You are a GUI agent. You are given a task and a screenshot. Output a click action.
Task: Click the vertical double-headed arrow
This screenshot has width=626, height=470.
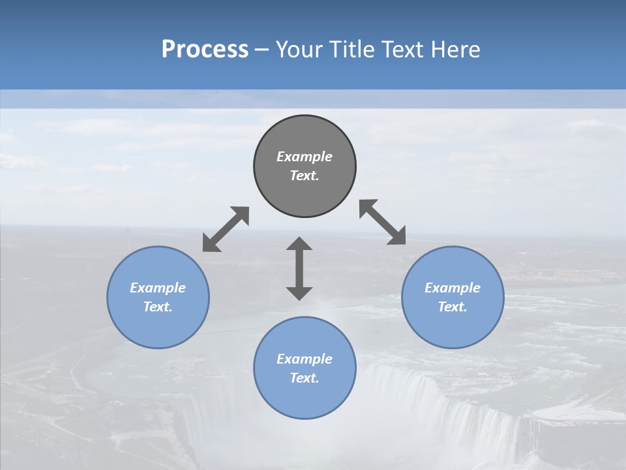click(x=299, y=268)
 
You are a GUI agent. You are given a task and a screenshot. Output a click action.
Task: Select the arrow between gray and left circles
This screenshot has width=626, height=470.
click(x=226, y=229)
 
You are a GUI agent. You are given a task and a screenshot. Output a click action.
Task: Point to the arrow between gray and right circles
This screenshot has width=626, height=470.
click(x=382, y=222)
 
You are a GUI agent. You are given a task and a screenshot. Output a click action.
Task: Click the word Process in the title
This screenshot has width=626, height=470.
click(x=205, y=49)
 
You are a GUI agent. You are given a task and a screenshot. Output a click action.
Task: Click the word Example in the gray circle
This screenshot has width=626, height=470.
click(x=305, y=157)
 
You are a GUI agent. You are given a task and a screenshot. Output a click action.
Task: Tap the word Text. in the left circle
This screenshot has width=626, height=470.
click(x=158, y=307)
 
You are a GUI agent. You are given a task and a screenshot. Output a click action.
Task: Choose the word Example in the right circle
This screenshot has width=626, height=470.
click(x=453, y=288)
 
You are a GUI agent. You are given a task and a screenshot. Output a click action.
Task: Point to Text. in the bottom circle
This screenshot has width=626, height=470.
click(x=305, y=378)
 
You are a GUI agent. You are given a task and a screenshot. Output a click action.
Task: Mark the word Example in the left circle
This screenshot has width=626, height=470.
click(x=158, y=288)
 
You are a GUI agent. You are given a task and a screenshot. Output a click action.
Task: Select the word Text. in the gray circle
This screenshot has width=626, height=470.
click(x=305, y=176)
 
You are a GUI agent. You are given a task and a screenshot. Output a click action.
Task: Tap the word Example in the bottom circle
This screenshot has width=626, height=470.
click(x=305, y=359)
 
